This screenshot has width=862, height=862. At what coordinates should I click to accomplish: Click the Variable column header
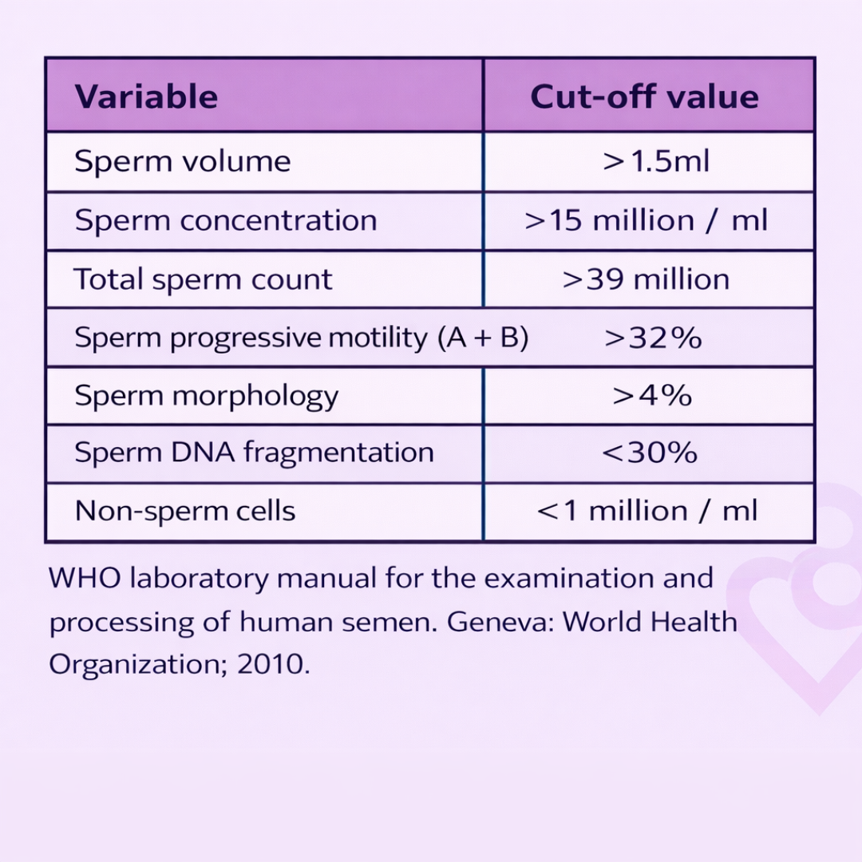pyautogui.click(x=146, y=97)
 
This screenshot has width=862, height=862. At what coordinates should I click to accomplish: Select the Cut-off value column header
pyautogui.click(x=644, y=97)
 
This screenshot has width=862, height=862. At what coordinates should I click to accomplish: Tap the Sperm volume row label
pyautogui.click(x=182, y=162)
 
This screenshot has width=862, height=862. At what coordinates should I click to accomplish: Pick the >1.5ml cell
pyautogui.click(x=656, y=162)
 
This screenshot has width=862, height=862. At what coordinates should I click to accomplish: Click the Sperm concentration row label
pyautogui.click(x=225, y=220)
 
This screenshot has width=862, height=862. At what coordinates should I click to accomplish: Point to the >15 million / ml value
pyautogui.click(x=646, y=220)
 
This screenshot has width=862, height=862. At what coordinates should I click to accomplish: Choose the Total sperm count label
pyautogui.click(x=203, y=279)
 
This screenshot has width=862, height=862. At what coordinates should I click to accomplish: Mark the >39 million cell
pyautogui.click(x=646, y=279)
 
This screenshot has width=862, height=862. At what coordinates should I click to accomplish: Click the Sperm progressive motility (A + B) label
pyautogui.click(x=301, y=338)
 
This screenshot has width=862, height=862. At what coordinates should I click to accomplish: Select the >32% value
pyautogui.click(x=653, y=338)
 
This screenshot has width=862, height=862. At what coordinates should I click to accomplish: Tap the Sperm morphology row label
pyautogui.click(x=206, y=396)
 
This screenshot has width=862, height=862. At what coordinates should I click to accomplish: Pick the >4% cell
pyautogui.click(x=652, y=396)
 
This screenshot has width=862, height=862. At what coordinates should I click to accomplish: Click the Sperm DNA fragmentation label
pyautogui.click(x=254, y=453)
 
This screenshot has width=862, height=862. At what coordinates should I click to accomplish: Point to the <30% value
pyautogui.click(x=650, y=453)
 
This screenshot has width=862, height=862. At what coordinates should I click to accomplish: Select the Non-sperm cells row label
pyautogui.click(x=185, y=511)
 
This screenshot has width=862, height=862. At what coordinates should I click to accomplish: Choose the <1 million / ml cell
pyautogui.click(x=646, y=511)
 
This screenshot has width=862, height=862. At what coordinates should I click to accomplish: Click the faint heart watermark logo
pyautogui.click(x=806, y=607)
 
